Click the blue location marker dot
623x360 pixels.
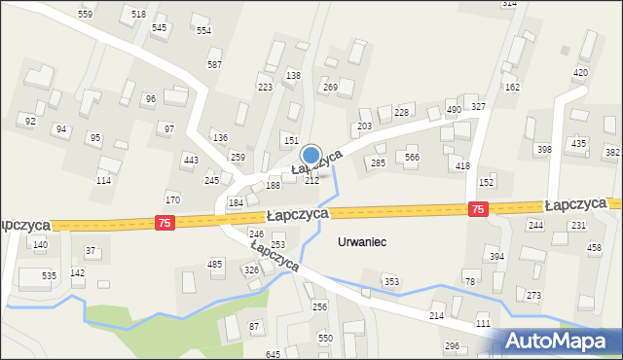[311, 154]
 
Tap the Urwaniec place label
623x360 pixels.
[361, 241]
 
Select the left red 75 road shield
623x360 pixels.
[165, 223]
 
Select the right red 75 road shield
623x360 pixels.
[477, 209]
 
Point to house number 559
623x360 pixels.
[86, 15]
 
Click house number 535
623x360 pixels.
[49, 276]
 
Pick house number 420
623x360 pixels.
[581, 73]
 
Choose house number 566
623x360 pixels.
[412, 158]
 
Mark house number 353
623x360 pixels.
[390, 282]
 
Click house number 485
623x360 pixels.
[215, 265]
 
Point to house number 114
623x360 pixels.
[103, 181]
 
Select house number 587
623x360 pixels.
[214, 64]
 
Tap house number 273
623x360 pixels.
[533, 295]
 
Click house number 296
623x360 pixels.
[452, 346]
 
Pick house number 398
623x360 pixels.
[543, 149]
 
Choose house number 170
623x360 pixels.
[172, 200]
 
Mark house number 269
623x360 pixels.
[330, 88]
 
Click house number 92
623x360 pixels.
[30, 121]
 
